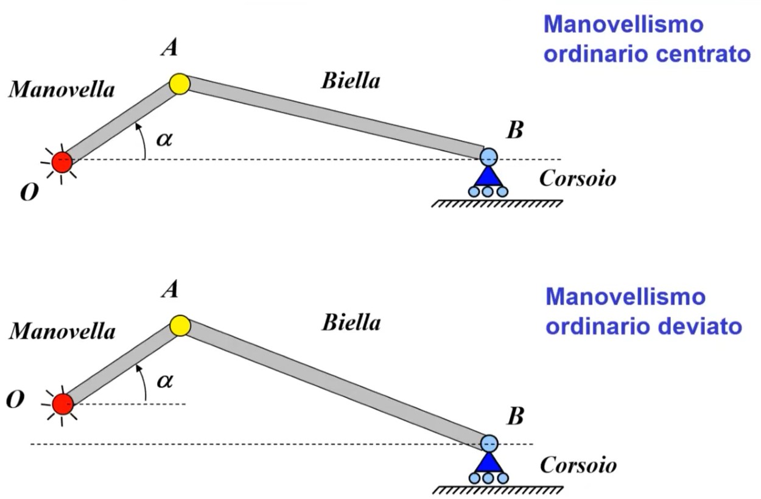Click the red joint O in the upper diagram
[x=62, y=162]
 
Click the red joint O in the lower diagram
[x=62, y=403]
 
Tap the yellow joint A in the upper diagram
[x=180, y=83]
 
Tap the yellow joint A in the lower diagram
[x=180, y=326]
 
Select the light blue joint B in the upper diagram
[x=488, y=157]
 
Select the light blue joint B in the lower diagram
[x=489, y=443]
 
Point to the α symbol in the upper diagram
[x=164, y=139]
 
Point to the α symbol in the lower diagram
[x=164, y=381]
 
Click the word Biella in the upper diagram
[x=351, y=80]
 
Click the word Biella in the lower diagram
[x=351, y=322]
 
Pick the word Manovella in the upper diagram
[x=61, y=90]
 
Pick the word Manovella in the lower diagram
[x=61, y=332]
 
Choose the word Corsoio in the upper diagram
[x=578, y=179]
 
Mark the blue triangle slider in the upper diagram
[x=488, y=176]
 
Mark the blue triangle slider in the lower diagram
[x=488, y=462]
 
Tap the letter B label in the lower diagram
[x=516, y=416]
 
